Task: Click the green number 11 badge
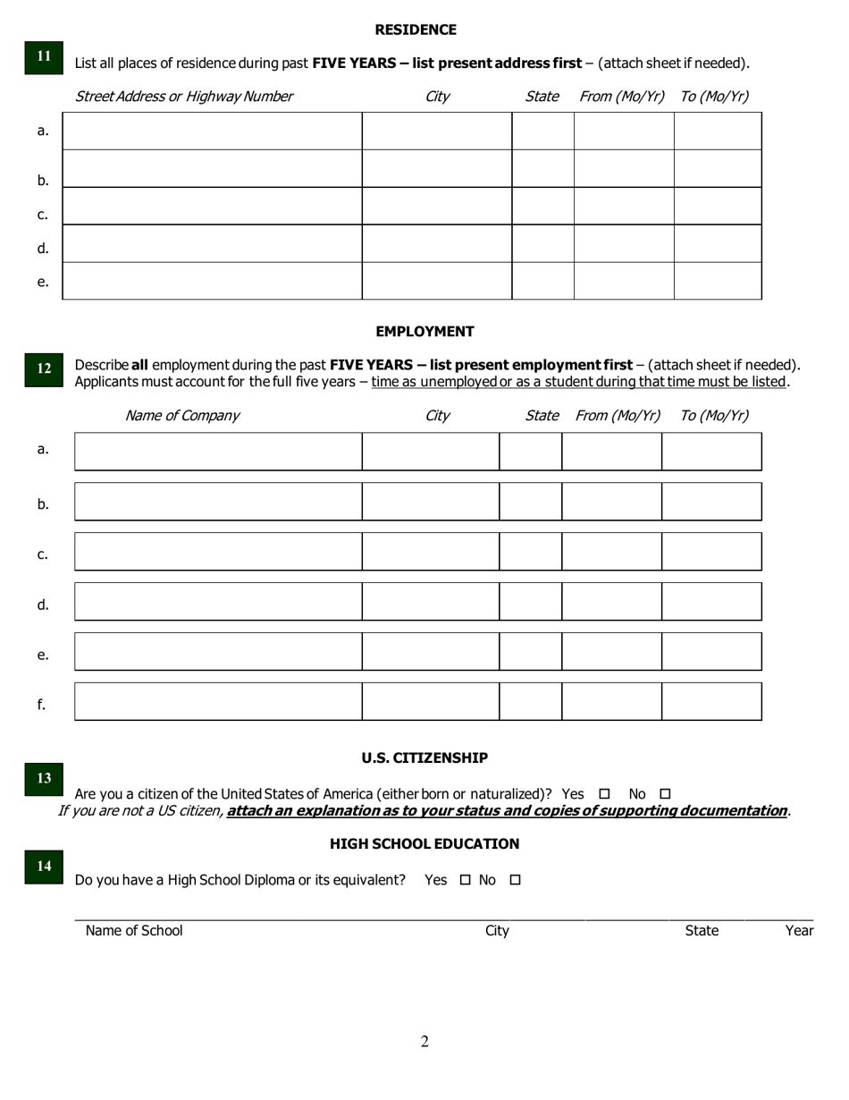click(x=44, y=56)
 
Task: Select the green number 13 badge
click(x=44, y=779)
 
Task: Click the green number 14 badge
click(x=44, y=866)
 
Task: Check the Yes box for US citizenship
click(x=604, y=794)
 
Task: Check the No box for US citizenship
click(x=664, y=794)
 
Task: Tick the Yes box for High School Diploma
click(x=465, y=880)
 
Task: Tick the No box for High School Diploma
click(x=515, y=880)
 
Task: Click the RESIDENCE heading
click(x=416, y=30)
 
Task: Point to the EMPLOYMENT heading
click(x=424, y=331)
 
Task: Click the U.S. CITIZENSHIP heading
click(x=424, y=757)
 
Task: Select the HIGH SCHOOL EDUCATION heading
click(x=424, y=843)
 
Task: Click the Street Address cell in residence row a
click(x=212, y=131)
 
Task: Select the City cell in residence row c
click(x=436, y=206)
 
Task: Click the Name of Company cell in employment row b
click(x=218, y=502)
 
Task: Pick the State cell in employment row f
click(x=530, y=701)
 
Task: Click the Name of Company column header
click(x=182, y=416)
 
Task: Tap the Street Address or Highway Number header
click(x=184, y=97)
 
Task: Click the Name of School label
click(x=134, y=931)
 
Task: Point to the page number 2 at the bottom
click(x=424, y=1041)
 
